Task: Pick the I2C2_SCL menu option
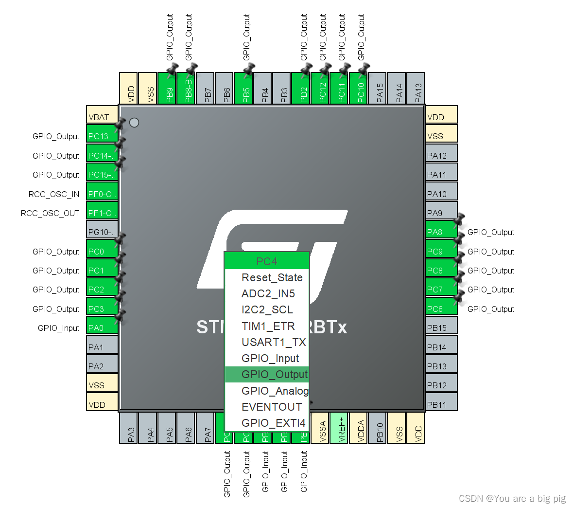click(x=267, y=309)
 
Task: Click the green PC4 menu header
click(x=267, y=261)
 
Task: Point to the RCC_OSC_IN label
click(x=53, y=194)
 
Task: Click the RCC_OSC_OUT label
click(x=50, y=213)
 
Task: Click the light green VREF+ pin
click(x=339, y=428)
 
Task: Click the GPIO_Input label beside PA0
click(x=58, y=328)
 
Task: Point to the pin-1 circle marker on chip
click(x=134, y=123)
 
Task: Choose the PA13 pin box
click(x=415, y=88)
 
